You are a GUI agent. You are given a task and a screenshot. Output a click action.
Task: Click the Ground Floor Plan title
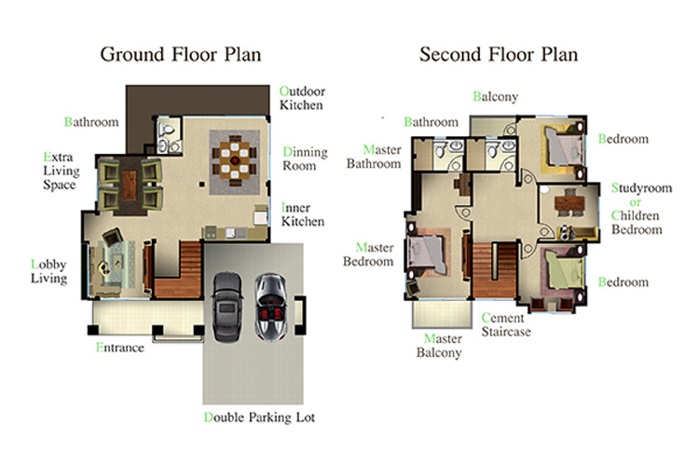pyautogui.click(x=181, y=55)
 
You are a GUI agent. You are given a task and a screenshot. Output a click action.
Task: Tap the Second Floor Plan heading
pyautogui.click(x=499, y=55)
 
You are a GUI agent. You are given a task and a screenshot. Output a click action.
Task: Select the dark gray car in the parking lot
pyautogui.click(x=227, y=307)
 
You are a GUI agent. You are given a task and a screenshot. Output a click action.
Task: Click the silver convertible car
pyautogui.click(x=270, y=308)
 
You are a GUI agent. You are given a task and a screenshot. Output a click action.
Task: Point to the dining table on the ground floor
pyautogui.click(x=235, y=160)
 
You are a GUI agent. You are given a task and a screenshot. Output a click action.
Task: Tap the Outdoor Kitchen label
pyautogui.click(x=302, y=98)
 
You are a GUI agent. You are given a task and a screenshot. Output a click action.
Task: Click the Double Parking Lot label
pyautogui.click(x=259, y=418)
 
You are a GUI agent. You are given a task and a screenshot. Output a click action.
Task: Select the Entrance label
pyautogui.click(x=120, y=348)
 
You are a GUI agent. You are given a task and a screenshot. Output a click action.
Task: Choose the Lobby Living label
pyautogui.click(x=49, y=271)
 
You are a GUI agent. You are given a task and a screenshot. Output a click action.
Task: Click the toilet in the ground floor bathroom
pyautogui.click(x=169, y=130)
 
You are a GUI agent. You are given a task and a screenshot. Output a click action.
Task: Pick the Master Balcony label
pyautogui.click(x=439, y=346)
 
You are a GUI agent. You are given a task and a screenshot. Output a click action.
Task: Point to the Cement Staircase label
pyautogui.click(x=506, y=324)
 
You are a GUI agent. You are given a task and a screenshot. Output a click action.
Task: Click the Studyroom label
pyautogui.click(x=641, y=188)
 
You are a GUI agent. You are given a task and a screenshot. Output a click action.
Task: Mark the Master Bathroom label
pyautogui.click(x=374, y=157)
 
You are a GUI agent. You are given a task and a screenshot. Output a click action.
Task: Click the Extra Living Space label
pyautogui.click(x=62, y=171)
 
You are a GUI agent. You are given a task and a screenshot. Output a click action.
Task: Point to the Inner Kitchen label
pyautogui.click(x=302, y=214)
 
